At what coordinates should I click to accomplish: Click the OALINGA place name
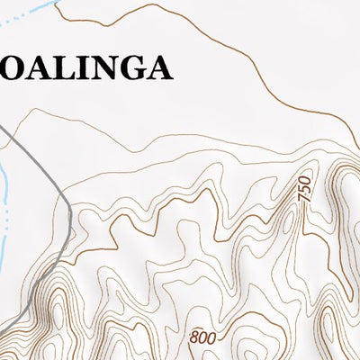[85, 68]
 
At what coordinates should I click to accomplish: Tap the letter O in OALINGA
[13, 68]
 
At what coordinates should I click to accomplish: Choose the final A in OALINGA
[157, 68]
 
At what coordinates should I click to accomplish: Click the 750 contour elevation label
[305, 190]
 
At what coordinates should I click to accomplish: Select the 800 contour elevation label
[202, 338]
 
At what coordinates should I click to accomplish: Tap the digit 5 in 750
[305, 190]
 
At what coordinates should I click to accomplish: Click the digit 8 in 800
[193, 338]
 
